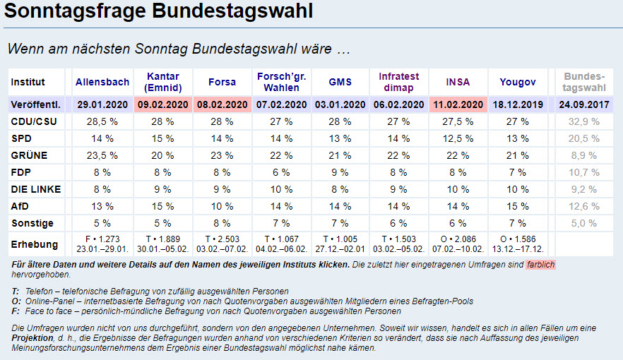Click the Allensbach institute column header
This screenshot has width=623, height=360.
pyautogui.click(x=102, y=82)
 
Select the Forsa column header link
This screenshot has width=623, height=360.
pyautogui.click(x=222, y=82)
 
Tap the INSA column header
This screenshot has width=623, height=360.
pyautogui.click(x=458, y=82)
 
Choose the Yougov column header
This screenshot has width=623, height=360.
pyautogui.click(x=518, y=82)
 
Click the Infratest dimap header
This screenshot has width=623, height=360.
pyautogui.click(x=398, y=82)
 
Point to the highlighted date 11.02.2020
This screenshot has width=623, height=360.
pyautogui.click(x=458, y=104)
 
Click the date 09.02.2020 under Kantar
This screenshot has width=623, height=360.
pyautogui.click(x=163, y=104)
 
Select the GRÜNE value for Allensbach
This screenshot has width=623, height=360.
pyautogui.click(x=102, y=155)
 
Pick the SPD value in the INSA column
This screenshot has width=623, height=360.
pyautogui.click(x=458, y=138)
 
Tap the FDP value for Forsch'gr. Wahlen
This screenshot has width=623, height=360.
pyautogui.click(x=282, y=172)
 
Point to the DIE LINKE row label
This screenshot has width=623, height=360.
pyautogui.click(x=35, y=189)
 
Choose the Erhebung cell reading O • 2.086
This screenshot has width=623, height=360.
pyautogui.click(x=458, y=245)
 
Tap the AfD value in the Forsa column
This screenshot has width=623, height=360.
pyautogui.click(x=222, y=206)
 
